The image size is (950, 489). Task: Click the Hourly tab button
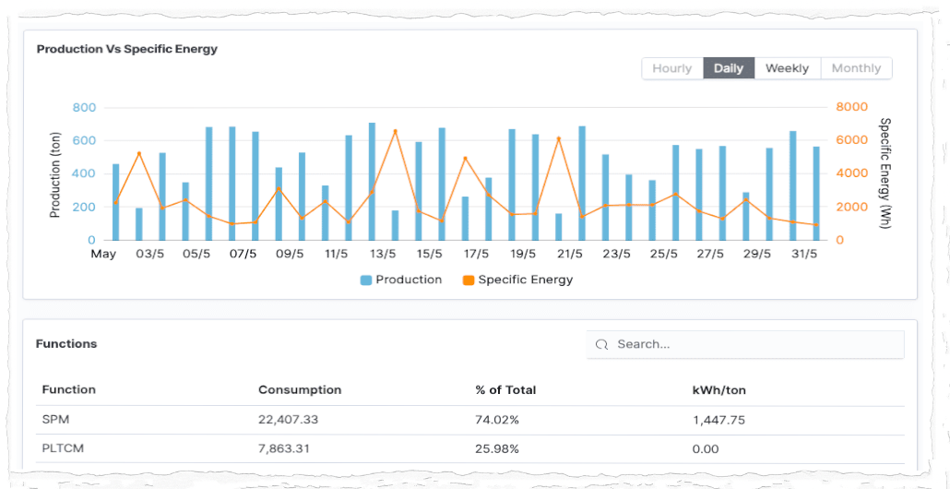(x=671, y=68)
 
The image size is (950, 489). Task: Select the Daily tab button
(x=729, y=68)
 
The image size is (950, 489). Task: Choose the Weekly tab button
(x=787, y=68)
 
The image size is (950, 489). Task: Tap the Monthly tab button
(x=856, y=68)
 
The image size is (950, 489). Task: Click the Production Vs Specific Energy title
(x=127, y=49)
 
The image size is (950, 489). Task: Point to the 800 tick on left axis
(x=84, y=108)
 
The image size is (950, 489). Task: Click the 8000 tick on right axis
(x=851, y=108)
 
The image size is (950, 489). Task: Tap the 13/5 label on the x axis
(x=383, y=254)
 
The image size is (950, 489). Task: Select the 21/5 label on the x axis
(x=570, y=254)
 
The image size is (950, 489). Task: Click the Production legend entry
(x=401, y=280)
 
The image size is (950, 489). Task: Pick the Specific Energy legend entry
(x=517, y=280)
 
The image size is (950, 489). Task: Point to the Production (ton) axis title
(x=55, y=174)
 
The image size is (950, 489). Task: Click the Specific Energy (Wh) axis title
(x=885, y=173)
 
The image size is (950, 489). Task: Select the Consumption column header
(x=300, y=390)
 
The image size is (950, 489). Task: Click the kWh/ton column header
(x=718, y=390)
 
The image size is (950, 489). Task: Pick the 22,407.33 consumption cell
(x=288, y=420)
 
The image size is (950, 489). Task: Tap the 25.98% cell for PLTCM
(x=497, y=449)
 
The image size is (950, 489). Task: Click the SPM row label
(x=55, y=420)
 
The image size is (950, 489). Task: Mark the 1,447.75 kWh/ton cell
(x=718, y=420)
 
